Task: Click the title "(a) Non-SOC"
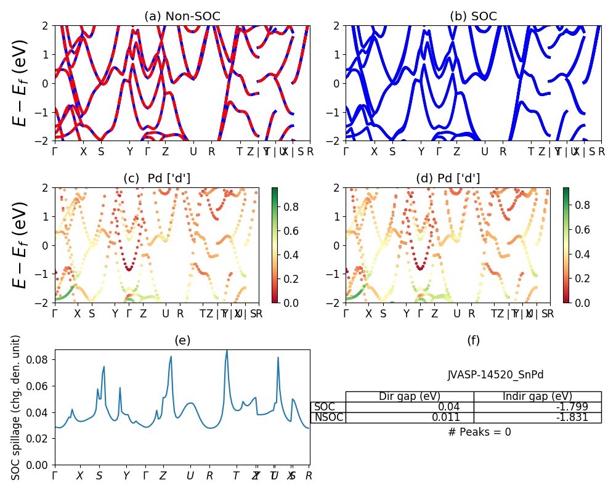pos(182,17)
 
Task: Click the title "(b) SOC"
pos(473,17)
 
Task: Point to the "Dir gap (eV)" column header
pos(410,396)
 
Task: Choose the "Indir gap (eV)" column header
pos(538,396)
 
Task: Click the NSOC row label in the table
pos(328,417)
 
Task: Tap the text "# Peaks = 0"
pos(479,432)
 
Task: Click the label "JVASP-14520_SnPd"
pos(495,375)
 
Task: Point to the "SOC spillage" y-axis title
pos(16,407)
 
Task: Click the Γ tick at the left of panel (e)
pos(55,476)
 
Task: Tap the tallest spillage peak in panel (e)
pos(227,351)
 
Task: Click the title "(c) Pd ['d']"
pos(157,179)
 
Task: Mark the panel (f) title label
pos(473,340)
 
